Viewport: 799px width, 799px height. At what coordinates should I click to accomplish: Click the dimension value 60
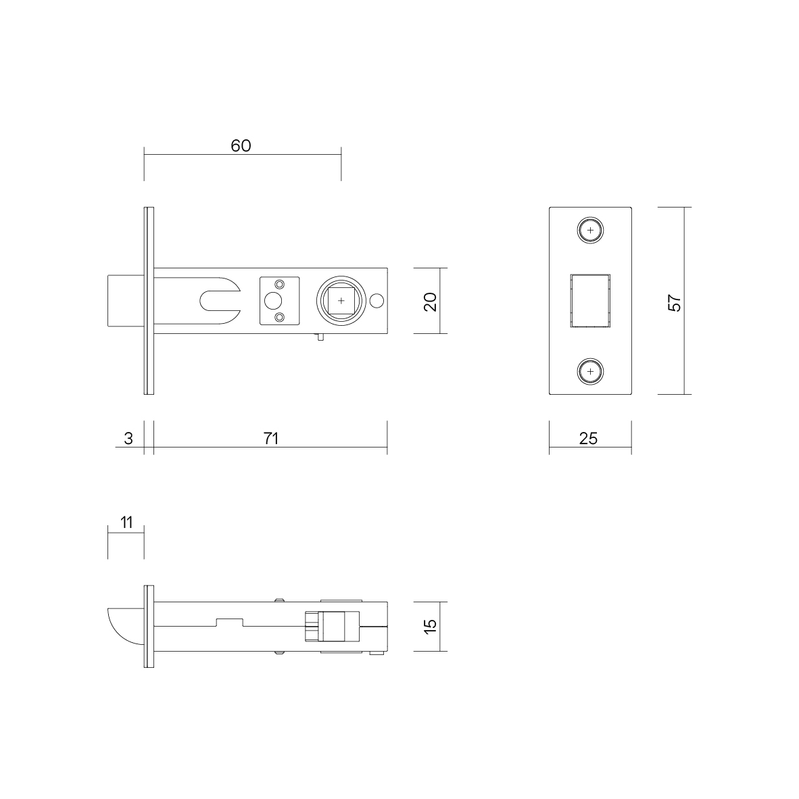point(241,146)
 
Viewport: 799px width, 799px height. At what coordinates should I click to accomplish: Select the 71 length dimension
point(271,438)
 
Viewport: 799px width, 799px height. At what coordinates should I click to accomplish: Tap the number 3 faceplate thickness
point(128,438)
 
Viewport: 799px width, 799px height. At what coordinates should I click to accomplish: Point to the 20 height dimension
point(431,301)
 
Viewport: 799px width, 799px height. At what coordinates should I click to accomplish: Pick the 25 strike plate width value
point(589,438)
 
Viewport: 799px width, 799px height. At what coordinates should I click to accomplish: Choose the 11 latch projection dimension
point(126,523)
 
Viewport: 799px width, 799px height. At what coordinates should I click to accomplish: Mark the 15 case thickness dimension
point(431,626)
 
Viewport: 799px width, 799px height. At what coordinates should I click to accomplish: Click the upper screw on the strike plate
point(590,231)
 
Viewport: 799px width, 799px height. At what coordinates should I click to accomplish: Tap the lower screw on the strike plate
point(590,372)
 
